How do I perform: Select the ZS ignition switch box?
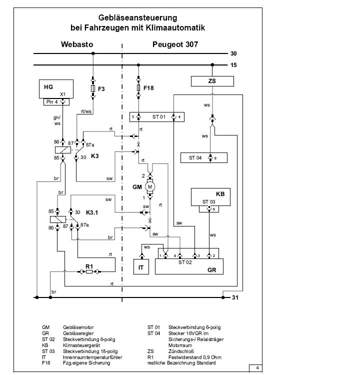[x=212, y=81]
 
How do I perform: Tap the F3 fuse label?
[x=101, y=89]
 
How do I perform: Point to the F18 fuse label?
[x=148, y=88]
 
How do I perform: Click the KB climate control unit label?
[x=220, y=193]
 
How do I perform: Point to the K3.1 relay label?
[x=93, y=212]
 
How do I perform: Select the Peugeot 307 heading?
[x=175, y=44]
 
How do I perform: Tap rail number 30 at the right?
[x=233, y=53]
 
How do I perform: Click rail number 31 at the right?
[x=233, y=298]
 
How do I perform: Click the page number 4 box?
[x=256, y=368]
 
